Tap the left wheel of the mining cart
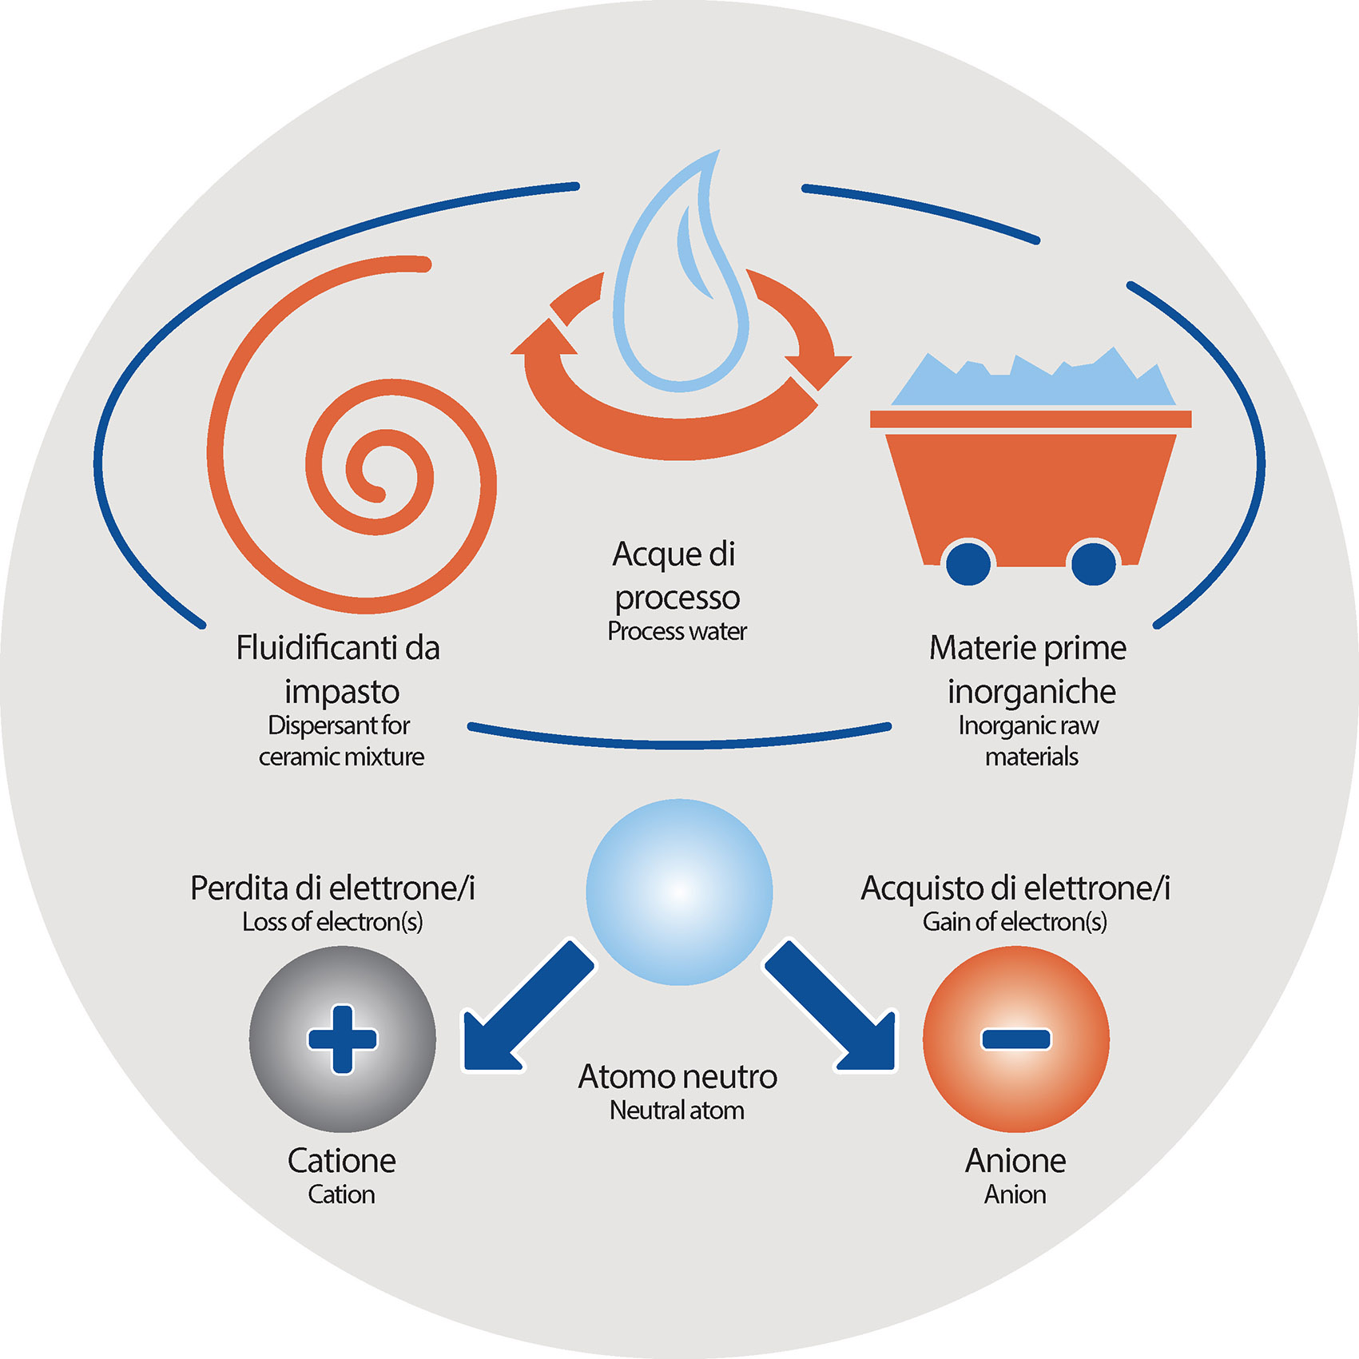(968, 563)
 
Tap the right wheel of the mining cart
(1092, 563)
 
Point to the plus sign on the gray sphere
(342, 1039)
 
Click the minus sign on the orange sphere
(1015, 1039)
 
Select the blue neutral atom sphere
(679, 892)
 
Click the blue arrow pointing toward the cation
(523, 1011)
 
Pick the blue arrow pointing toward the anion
(835, 1011)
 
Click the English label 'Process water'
(677, 631)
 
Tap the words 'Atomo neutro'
(678, 1076)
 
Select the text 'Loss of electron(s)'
(332, 922)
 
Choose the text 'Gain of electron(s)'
(1015, 922)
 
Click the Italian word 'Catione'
(341, 1161)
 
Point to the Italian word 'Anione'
(1015, 1161)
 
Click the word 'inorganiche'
(1031, 692)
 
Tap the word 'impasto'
(342, 692)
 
